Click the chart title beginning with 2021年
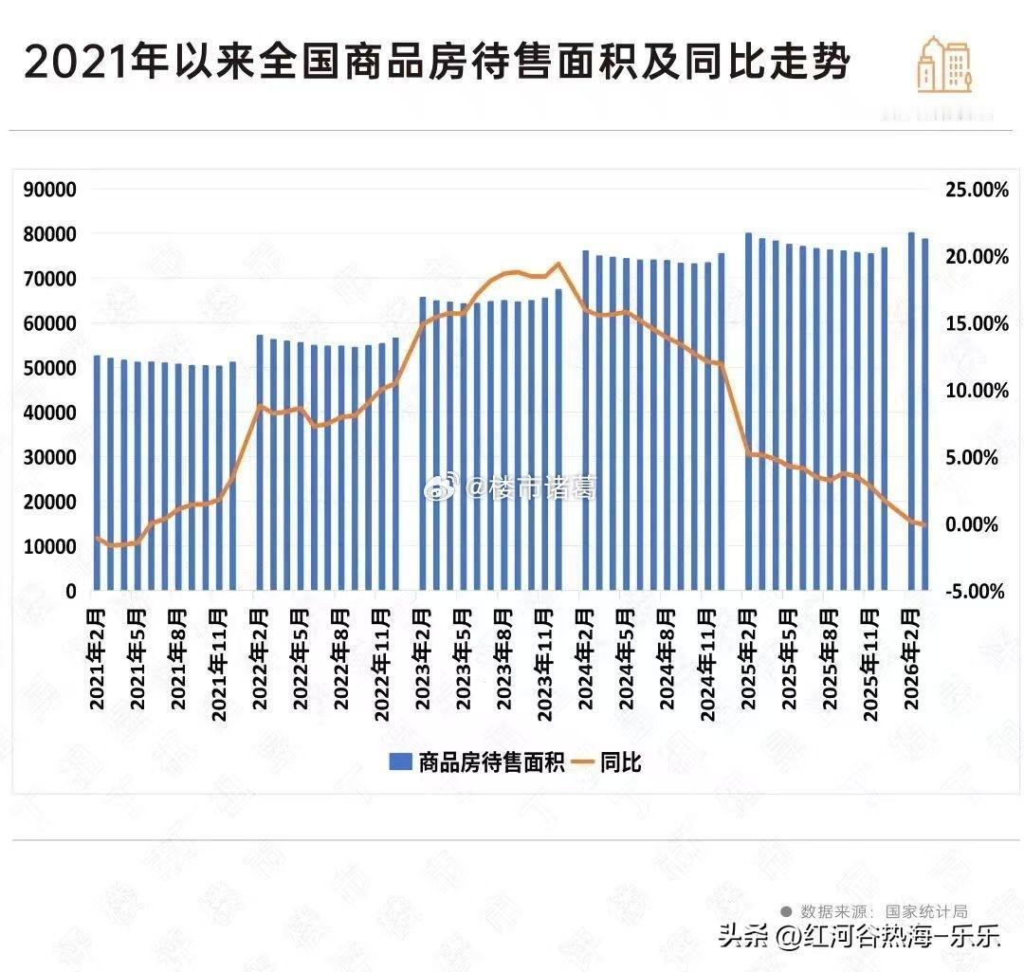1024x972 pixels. [x=435, y=64]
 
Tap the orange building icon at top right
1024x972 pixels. [x=943, y=64]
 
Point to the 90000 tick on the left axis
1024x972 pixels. [x=48, y=190]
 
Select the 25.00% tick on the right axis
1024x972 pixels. [x=977, y=190]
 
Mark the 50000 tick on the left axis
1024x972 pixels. [x=48, y=368]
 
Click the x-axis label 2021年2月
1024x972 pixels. [x=97, y=655]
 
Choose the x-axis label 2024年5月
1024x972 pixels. [x=627, y=655]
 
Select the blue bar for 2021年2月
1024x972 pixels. [x=97, y=472]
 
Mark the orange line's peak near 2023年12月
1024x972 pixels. [x=558, y=264]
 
